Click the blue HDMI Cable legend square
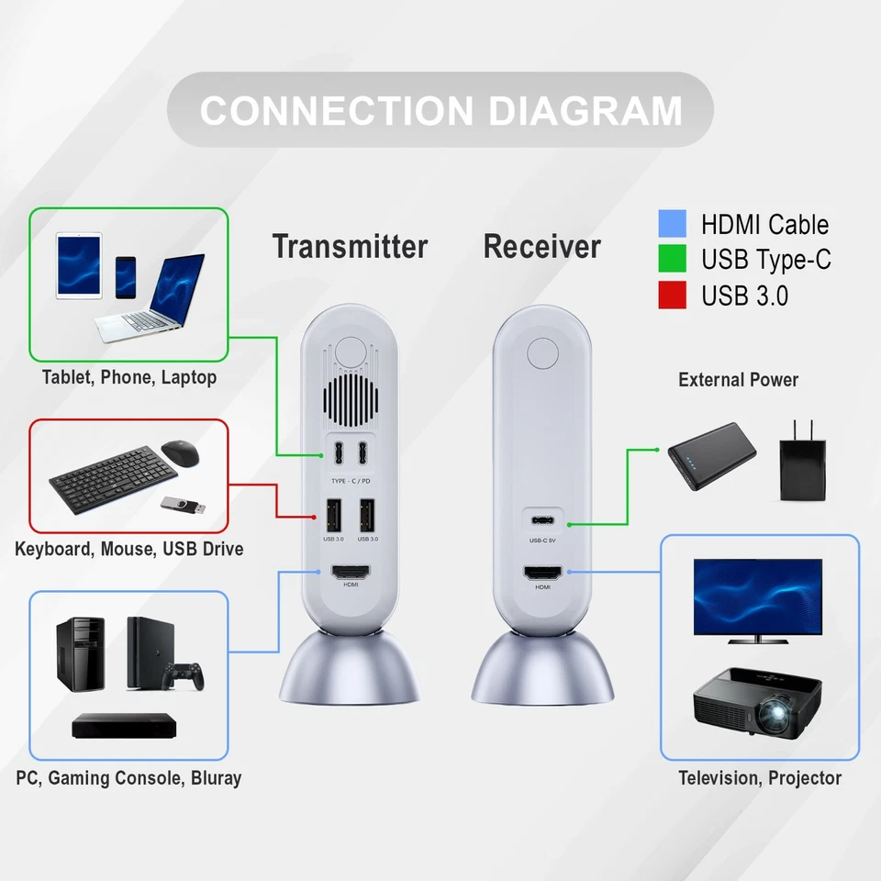672,225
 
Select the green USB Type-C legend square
672,260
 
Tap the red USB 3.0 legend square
672,296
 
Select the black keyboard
112,474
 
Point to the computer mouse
181,452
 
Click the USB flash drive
183,504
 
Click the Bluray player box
123,726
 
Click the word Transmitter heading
350,247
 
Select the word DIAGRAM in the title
585,111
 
